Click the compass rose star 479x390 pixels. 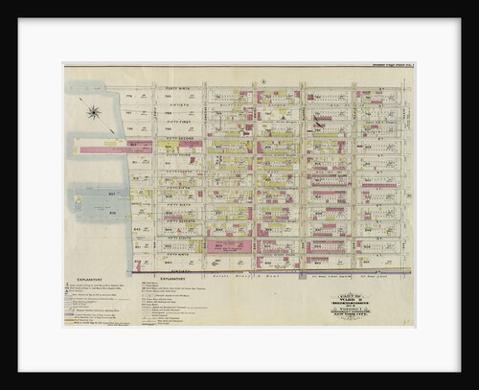(x=94, y=113)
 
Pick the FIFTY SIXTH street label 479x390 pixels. (x=180, y=205)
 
